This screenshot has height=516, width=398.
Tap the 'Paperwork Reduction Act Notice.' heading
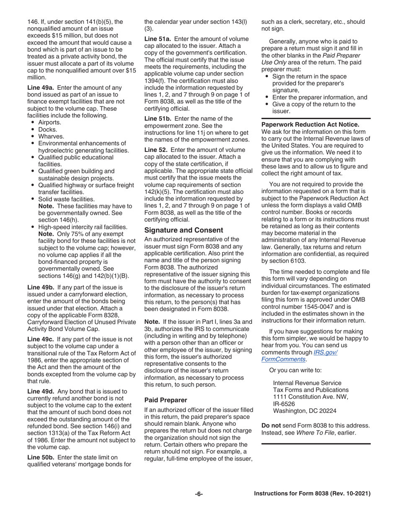(x=310, y=125)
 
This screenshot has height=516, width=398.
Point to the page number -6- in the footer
(x=199, y=494)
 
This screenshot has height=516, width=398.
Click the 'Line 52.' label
(x=157, y=150)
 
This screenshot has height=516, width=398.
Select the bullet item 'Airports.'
(x=49, y=122)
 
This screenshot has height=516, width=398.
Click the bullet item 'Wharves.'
(x=51, y=136)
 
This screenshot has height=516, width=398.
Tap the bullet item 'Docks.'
(x=48, y=130)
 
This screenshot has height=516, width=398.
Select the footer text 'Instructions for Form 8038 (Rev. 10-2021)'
(x=313, y=494)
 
